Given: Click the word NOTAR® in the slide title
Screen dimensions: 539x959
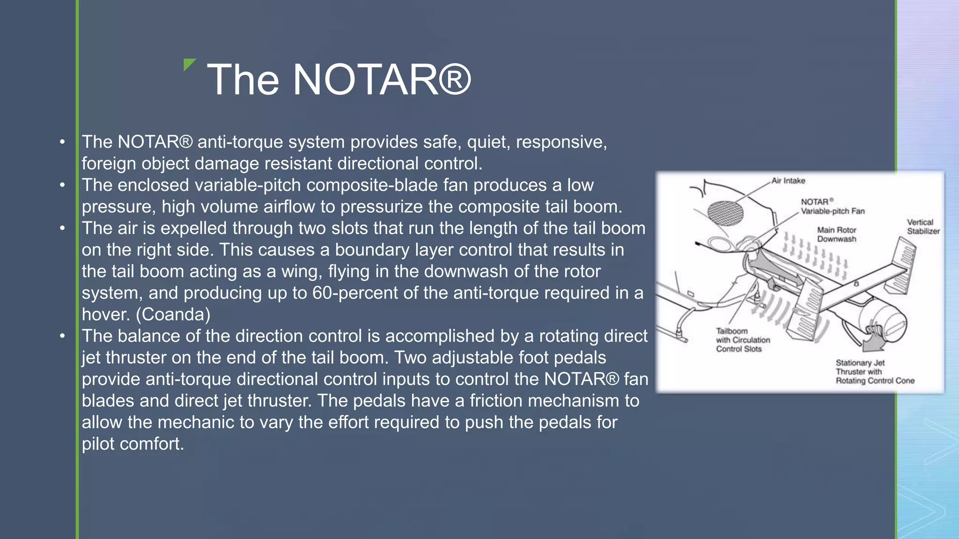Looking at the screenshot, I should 382,80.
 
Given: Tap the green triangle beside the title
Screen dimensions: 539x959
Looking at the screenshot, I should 189,64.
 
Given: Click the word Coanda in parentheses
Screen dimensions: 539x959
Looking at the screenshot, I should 173,314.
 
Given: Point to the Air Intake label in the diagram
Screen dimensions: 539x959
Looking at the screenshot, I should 788,181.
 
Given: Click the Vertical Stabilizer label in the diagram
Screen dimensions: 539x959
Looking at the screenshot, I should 922,226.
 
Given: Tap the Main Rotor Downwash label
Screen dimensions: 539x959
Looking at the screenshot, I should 836,234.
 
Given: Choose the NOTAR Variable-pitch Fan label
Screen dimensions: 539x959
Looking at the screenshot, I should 832,206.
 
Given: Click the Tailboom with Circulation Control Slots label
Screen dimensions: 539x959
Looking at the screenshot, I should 742,340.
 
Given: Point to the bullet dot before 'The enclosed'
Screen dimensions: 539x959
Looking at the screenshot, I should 62,185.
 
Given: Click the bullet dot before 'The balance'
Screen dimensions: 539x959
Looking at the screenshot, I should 62,336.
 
